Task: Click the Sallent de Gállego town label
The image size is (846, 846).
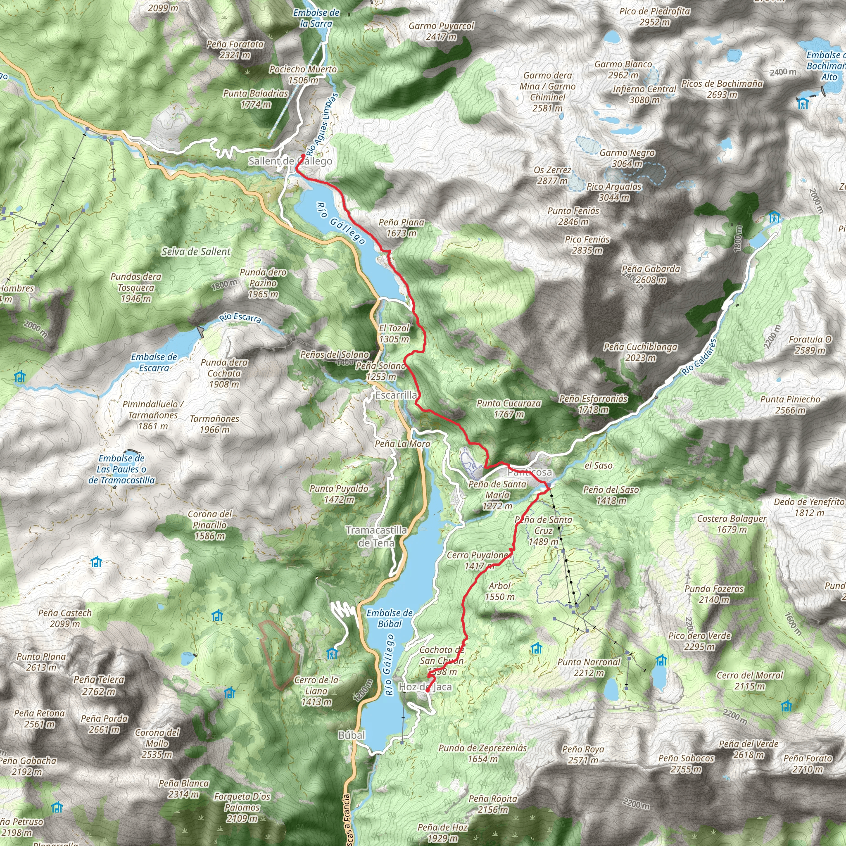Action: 290,161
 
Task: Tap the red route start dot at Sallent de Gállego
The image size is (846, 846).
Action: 303,156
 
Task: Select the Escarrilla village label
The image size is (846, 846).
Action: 396,395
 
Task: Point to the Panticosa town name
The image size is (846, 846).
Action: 530,473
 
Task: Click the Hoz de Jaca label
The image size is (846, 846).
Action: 425,687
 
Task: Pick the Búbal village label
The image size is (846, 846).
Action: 351,735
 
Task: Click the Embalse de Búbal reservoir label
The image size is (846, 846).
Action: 389,618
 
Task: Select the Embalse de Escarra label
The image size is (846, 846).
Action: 154,363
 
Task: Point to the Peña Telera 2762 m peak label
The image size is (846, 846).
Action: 99,685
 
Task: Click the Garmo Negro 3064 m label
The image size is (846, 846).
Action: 627,158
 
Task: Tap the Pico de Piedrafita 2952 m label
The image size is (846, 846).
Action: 655,17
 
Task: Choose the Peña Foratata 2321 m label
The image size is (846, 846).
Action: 235,50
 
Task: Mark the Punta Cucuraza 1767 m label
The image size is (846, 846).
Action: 509,409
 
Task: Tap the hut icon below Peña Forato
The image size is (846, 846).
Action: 787,706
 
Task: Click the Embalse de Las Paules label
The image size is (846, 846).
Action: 121,469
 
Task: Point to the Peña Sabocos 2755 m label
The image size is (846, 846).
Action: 686,764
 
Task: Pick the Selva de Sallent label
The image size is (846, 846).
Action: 196,252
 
